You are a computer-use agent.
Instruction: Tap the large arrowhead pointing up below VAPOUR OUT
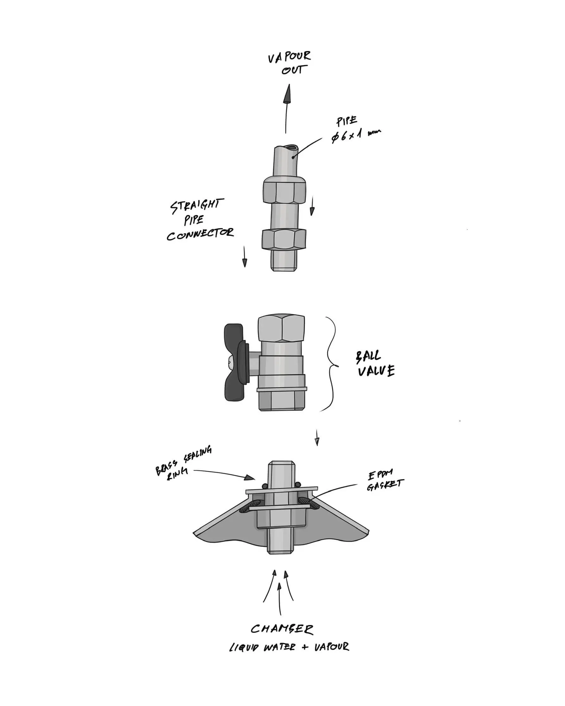click(x=288, y=94)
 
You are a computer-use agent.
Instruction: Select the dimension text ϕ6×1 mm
click(x=356, y=134)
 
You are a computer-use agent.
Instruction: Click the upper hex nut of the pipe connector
click(x=284, y=191)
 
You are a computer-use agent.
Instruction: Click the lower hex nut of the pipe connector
click(x=284, y=239)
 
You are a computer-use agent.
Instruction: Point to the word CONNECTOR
click(x=200, y=234)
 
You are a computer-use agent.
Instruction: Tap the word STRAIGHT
click(x=197, y=206)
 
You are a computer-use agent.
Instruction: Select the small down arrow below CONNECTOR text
click(x=244, y=257)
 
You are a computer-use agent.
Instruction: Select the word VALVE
click(x=376, y=371)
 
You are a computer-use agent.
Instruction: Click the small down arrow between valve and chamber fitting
click(x=317, y=438)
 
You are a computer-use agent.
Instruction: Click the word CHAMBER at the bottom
click(x=282, y=629)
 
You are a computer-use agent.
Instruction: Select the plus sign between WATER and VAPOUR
click(x=304, y=647)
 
